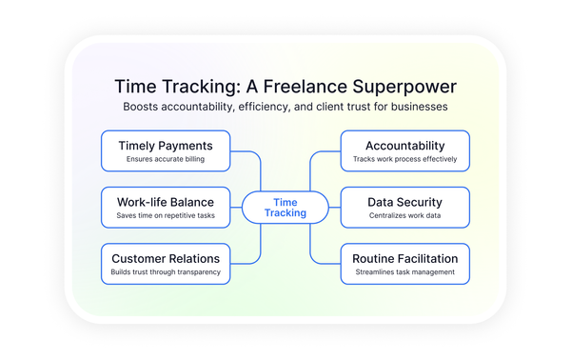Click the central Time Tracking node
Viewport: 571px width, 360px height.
pos(285,208)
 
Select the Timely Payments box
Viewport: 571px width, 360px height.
pos(166,151)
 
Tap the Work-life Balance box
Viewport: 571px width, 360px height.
pos(166,208)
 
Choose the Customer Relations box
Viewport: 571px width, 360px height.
pos(166,264)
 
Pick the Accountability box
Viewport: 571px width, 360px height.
pos(404,151)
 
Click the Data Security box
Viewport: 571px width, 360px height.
pos(404,208)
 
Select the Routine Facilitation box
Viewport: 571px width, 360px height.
pos(404,264)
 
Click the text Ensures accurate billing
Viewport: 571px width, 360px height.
pos(166,160)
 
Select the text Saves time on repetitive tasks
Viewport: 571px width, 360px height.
pos(166,216)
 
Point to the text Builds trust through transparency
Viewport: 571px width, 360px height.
pos(166,272)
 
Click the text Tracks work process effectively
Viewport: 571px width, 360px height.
pos(404,160)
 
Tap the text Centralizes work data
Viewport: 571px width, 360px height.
pos(404,216)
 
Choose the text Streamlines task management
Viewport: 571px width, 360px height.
pos(404,272)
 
